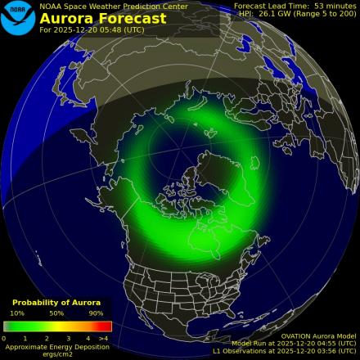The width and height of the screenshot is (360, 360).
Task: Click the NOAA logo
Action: tap(18, 18)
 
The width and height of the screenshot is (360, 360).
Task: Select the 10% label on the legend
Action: tap(17, 313)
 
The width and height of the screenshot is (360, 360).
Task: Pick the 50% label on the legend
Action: tap(56, 313)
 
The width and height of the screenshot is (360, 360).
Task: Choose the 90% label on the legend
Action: tap(96, 313)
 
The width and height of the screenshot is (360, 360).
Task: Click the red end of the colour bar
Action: tap(106, 326)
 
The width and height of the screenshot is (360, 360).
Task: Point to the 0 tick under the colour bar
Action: tap(4, 337)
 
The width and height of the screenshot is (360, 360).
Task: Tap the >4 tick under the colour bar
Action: tap(104, 337)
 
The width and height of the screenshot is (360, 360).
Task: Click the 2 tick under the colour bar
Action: tap(47, 337)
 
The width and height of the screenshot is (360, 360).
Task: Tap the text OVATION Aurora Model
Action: tap(319, 335)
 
